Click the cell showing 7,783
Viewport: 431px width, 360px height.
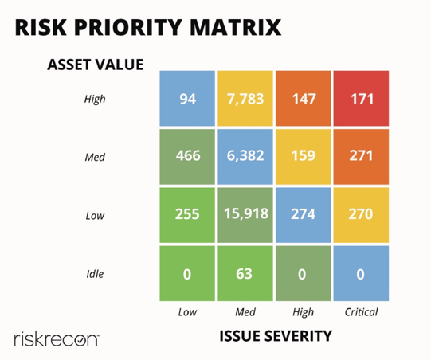pos(245,99)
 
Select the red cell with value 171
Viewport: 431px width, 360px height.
pos(360,99)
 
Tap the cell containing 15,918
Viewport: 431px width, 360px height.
pos(245,214)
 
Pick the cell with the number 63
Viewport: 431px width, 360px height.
pos(245,274)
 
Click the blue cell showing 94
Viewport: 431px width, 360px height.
pos(187,99)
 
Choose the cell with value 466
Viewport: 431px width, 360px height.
pos(187,156)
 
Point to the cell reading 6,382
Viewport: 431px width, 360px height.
pos(245,156)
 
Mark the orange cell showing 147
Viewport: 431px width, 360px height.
pos(303,99)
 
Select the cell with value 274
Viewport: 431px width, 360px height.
pos(303,214)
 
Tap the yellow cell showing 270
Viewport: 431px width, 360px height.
pos(360,214)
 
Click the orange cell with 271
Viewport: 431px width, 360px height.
pos(360,156)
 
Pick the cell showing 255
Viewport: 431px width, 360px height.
pos(187,214)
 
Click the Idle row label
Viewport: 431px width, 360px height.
pos(95,274)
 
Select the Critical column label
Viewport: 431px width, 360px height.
pos(361,312)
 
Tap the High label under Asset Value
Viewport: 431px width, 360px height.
pos(95,100)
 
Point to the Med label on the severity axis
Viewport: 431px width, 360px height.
pos(245,312)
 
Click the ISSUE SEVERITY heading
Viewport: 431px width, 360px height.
pos(275,337)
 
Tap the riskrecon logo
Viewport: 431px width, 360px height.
pos(56,338)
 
